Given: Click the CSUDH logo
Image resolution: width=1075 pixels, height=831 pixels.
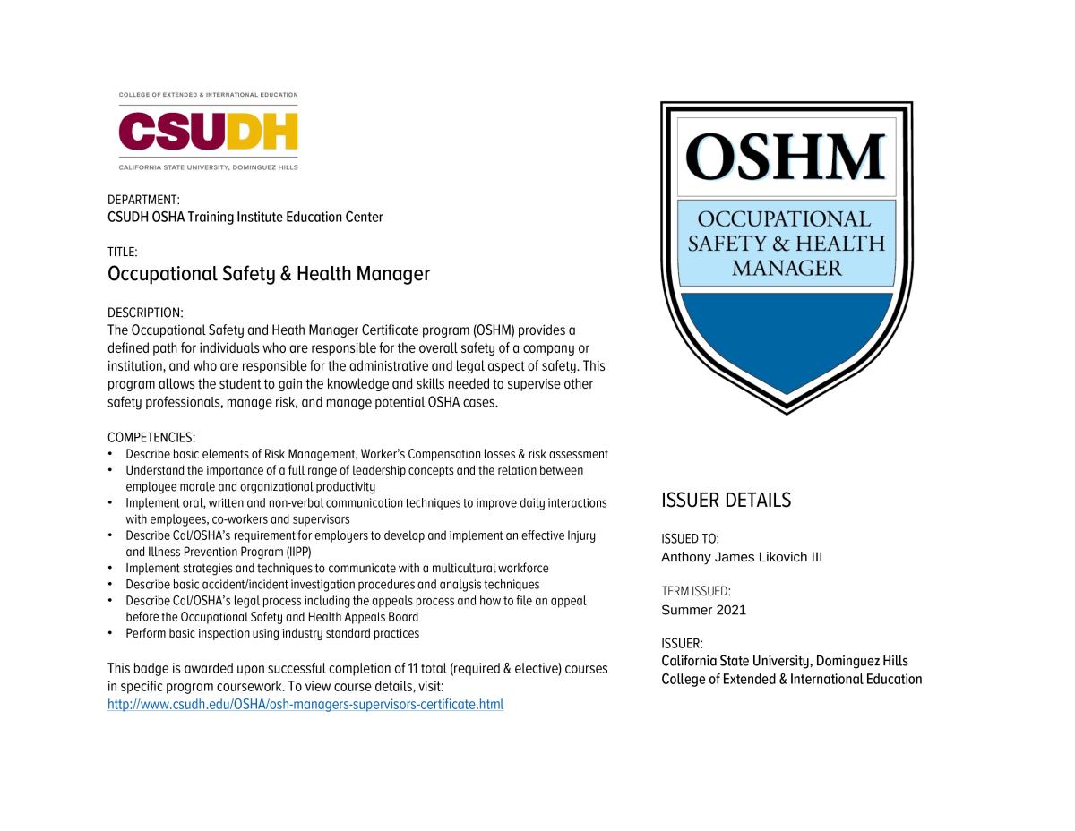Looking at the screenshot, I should point(208,131).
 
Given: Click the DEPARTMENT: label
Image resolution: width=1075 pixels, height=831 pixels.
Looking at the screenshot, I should point(143,200).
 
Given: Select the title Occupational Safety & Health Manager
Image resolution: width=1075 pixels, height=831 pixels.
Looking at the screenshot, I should point(269,274).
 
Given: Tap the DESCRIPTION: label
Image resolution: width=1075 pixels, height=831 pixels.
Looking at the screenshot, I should point(145,313).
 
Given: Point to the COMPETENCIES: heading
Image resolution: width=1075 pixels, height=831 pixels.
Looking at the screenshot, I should point(151,437).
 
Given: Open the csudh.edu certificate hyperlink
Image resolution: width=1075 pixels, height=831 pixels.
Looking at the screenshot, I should point(305,705).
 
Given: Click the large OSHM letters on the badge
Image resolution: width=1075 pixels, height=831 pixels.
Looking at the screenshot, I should point(786,158).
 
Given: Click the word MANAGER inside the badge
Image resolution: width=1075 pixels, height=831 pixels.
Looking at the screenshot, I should point(786,268).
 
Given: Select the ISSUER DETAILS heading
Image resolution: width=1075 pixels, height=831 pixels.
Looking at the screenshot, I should point(726,501).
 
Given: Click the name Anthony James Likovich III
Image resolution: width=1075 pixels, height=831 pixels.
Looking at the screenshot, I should point(742,557).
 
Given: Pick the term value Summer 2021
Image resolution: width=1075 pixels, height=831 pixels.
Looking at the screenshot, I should point(703,610).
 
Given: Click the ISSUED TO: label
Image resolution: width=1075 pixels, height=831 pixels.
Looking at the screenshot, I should point(690,539).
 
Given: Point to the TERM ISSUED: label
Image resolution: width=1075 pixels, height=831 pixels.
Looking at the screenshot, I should point(696,591).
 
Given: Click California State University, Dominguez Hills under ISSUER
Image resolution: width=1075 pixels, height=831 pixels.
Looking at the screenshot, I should point(785,661).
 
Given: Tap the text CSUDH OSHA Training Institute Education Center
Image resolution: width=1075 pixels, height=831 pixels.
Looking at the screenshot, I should point(245,217).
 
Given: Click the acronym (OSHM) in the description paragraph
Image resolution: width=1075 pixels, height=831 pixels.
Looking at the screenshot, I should point(492,330).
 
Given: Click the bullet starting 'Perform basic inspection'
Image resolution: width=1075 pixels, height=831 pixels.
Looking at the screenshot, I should point(272,633).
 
